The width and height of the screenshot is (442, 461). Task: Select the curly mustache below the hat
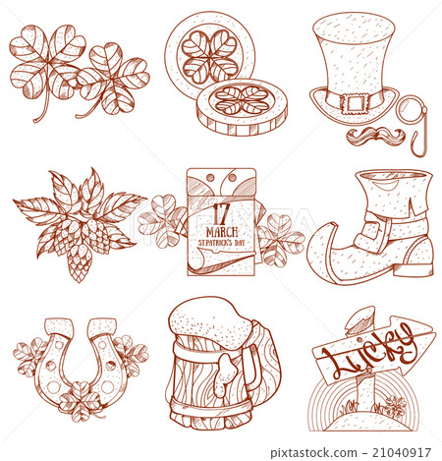pos(375,136)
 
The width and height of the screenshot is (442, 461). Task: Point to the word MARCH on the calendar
pos(222,232)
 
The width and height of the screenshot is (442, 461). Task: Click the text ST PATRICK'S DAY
pos(222,243)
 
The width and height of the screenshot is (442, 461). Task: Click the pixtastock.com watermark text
pos(313,453)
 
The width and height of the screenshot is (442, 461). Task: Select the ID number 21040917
pos(402,452)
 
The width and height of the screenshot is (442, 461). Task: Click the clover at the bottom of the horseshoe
pos(80,400)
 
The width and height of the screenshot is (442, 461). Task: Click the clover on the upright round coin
pos(210,56)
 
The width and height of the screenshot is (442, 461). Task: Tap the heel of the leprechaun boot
pos(415,268)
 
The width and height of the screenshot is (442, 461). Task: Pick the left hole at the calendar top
pos(210,178)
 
